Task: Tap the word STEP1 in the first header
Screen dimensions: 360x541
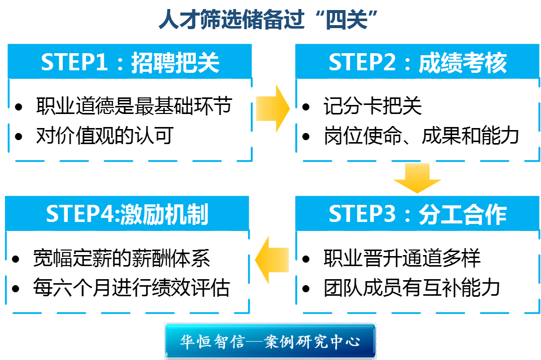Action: click(74, 63)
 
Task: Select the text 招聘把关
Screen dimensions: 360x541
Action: click(175, 63)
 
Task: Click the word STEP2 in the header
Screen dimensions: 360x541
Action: click(362, 63)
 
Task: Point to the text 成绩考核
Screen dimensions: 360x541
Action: click(463, 63)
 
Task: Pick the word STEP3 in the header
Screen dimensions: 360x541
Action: click(362, 214)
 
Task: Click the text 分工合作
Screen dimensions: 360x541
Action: click(463, 214)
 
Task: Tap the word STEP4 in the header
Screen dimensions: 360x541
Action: click(80, 214)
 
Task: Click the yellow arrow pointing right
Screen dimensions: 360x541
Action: click(273, 108)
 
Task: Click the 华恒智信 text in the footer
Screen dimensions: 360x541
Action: click(212, 342)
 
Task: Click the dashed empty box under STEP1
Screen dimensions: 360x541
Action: click(130, 119)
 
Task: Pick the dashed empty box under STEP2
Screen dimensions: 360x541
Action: click(417, 119)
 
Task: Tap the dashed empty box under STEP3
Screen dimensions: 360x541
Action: click(417, 272)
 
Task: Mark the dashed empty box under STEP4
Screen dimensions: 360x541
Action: click(127, 272)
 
